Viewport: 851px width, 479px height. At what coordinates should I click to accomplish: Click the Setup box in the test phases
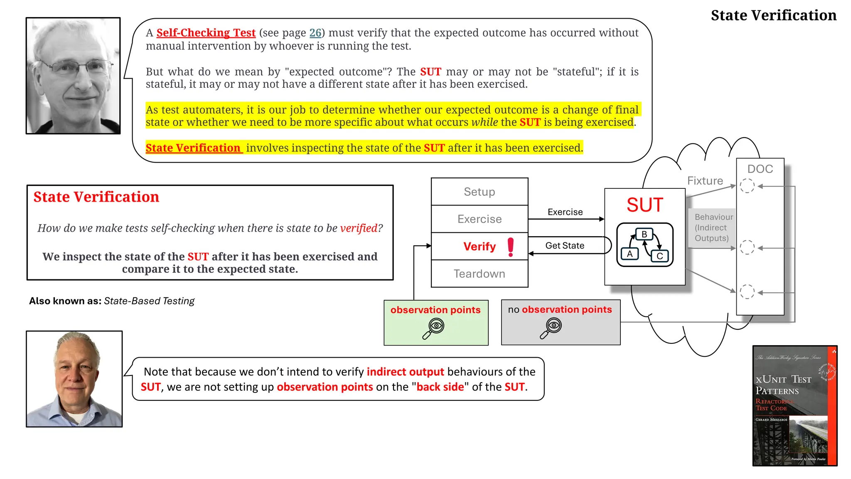click(479, 192)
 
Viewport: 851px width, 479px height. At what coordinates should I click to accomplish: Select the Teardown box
click(479, 274)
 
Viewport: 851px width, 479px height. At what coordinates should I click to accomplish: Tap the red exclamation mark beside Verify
click(511, 247)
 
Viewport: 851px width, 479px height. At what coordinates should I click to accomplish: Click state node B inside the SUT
click(644, 234)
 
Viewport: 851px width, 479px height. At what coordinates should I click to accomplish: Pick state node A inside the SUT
click(630, 254)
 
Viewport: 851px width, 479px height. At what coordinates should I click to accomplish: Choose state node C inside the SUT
click(659, 256)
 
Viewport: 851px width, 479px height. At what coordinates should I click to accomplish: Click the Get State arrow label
click(565, 246)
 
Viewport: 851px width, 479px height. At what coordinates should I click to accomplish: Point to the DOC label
click(760, 169)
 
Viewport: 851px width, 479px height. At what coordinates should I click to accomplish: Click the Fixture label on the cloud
click(705, 181)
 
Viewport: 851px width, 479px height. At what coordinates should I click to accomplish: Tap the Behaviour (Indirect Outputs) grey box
click(711, 228)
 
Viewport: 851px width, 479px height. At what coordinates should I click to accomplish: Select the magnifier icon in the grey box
click(551, 328)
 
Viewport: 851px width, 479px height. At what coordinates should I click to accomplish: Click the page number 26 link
click(315, 33)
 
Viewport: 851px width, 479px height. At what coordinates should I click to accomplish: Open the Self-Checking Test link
click(206, 33)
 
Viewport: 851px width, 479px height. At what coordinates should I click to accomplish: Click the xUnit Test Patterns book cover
click(794, 405)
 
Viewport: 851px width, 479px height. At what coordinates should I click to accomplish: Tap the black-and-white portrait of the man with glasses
click(73, 76)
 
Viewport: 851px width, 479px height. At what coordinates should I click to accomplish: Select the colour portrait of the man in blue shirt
click(74, 379)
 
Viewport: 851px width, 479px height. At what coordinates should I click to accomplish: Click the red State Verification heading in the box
click(96, 197)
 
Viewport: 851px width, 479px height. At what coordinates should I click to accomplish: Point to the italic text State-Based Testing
click(149, 301)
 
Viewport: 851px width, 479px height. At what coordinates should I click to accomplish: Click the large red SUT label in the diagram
click(644, 205)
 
